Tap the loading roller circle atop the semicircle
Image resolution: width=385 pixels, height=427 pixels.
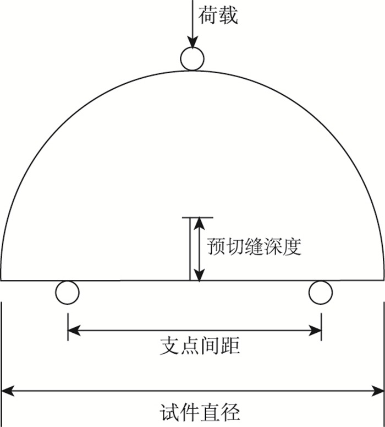point(192,58)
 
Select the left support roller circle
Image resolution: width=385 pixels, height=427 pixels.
point(68,292)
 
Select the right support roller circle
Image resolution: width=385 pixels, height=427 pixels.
point(321,292)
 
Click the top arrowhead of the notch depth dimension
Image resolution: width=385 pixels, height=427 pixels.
point(199,223)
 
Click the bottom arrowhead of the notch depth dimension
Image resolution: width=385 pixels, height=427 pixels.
point(199,275)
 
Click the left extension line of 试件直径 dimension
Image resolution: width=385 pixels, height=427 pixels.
point(2,353)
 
